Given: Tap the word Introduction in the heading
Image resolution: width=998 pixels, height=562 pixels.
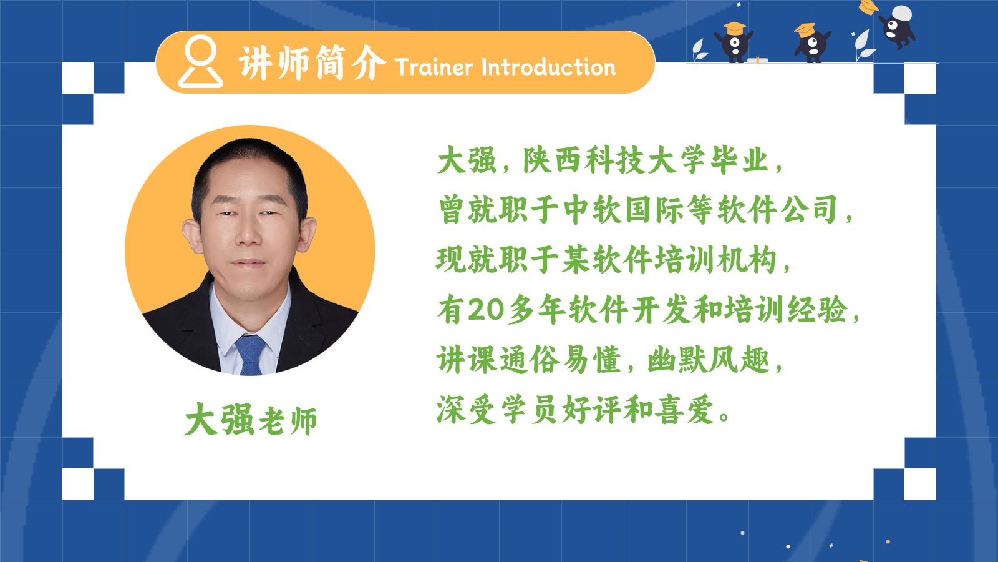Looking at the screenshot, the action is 549,67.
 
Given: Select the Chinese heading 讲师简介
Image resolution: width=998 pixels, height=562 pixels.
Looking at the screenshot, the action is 312,63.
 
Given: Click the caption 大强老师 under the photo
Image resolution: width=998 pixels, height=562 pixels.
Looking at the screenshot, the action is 251,419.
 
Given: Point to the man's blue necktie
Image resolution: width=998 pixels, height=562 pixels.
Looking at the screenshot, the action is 250,355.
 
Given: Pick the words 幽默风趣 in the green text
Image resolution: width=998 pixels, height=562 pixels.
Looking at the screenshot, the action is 709,360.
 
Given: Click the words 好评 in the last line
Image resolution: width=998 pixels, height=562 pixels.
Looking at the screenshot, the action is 592,410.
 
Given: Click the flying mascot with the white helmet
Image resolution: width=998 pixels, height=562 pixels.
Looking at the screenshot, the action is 898,26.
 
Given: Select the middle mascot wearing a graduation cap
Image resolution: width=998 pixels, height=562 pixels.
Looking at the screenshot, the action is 812,43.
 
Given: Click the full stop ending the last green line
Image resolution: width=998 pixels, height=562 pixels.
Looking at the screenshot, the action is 724,416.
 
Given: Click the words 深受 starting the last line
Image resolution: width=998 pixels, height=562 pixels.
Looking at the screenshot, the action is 467,410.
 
